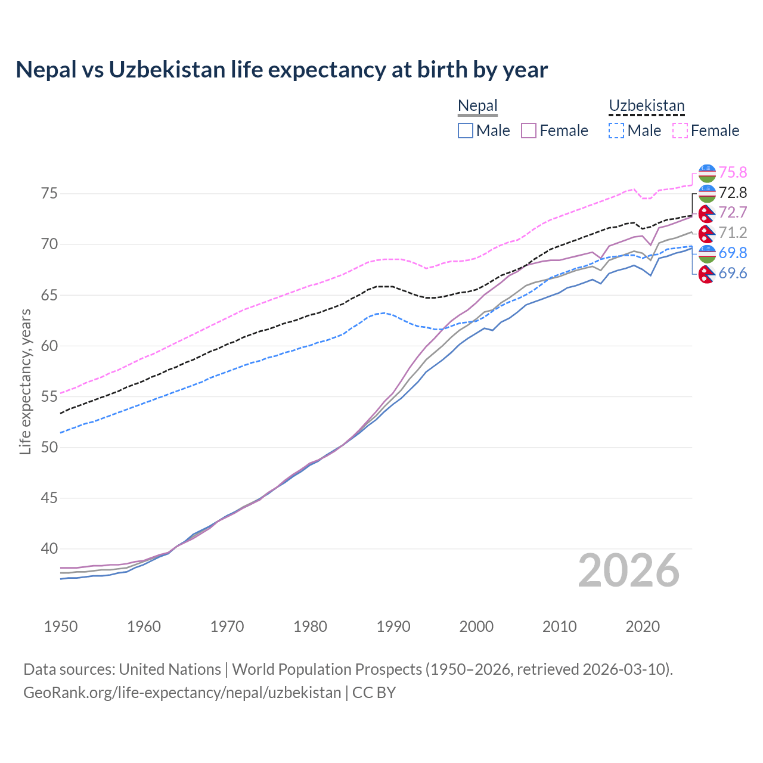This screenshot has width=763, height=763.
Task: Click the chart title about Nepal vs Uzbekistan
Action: click(x=281, y=70)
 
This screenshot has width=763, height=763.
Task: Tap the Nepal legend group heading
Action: click(x=477, y=106)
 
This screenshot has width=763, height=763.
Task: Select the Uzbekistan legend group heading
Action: click(x=646, y=106)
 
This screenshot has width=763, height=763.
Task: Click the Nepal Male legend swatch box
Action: click(x=466, y=131)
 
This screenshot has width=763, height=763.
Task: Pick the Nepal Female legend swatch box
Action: click(x=529, y=131)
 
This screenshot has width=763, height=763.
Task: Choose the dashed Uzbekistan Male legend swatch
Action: click(x=616, y=131)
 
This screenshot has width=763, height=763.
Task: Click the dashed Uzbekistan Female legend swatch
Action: click(x=680, y=131)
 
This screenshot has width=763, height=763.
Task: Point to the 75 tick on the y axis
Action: click(x=49, y=194)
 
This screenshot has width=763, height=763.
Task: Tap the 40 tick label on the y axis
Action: click(x=49, y=548)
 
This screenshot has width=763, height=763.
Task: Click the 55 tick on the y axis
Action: click(x=49, y=396)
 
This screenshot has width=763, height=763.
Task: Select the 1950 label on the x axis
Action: click(x=61, y=626)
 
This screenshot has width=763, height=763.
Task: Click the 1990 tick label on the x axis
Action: click(x=393, y=626)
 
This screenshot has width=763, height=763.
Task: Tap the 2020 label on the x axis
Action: click(x=643, y=626)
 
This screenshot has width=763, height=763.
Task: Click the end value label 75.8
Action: click(x=733, y=172)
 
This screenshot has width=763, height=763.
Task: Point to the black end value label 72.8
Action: click(x=733, y=193)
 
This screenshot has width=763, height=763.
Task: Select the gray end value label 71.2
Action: click(x=733, y=232)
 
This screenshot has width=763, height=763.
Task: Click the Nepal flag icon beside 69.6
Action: click(x=707, y=274)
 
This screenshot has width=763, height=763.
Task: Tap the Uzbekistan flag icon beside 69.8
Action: click(x=707, y=253)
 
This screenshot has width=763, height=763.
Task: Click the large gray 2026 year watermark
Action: click(x=628, y=571)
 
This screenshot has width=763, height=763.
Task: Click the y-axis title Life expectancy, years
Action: click(x=26, y=381)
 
